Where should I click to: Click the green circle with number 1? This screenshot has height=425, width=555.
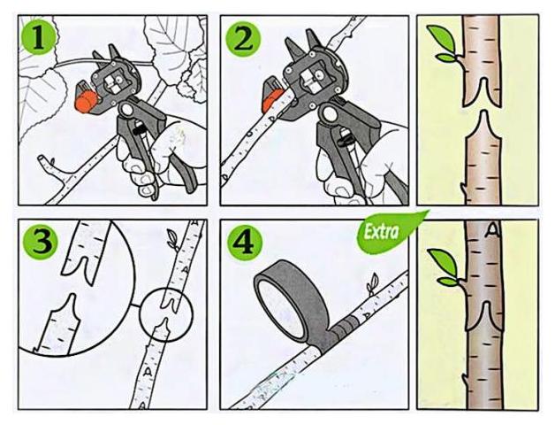(38, 37)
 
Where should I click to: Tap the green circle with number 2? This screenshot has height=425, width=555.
(244, 38)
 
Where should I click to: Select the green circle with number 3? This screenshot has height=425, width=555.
(40, 241)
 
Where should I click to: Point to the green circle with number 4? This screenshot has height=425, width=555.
(245, 243)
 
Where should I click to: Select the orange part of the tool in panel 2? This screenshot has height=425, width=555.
(272, 95)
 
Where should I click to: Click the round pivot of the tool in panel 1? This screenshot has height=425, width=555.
(125, 109)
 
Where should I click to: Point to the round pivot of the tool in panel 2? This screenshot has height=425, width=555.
(328, 114)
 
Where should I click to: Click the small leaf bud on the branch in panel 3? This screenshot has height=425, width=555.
(172, 239)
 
